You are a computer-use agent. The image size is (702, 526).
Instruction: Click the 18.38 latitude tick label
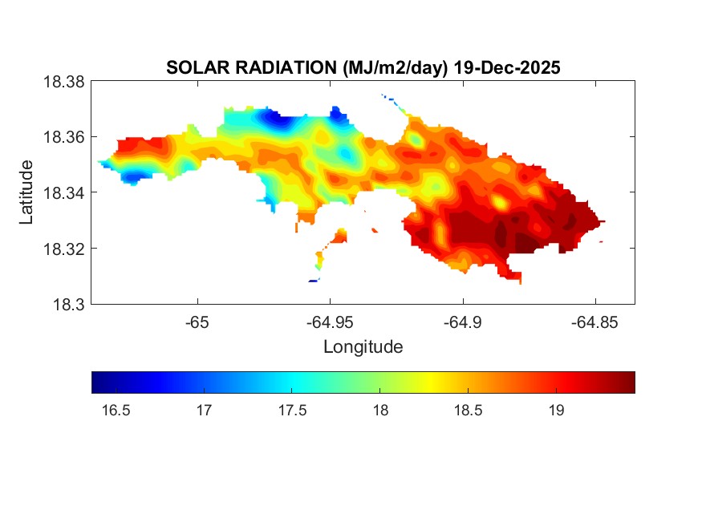point(63,82)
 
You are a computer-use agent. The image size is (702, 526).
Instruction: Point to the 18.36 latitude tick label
point(63,137)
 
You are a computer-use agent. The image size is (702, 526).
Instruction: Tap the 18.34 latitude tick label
point(63,192)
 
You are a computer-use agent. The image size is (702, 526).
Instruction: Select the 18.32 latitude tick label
point(63,249)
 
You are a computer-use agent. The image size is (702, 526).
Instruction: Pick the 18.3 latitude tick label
point(68,305)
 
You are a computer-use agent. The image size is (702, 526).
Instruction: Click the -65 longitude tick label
point(197,322)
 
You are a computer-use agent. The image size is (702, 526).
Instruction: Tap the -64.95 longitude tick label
point(330,322)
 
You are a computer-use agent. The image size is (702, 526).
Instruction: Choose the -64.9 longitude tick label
point(462,322)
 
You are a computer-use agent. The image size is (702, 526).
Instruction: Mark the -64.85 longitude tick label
point(594,322)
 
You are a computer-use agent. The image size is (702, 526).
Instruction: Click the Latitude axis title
point(26,192)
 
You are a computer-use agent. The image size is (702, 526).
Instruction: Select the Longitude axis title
point(363,346)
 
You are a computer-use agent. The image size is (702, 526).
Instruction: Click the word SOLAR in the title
point(198,67)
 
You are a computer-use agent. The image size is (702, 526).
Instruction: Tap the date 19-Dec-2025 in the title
point(507,67)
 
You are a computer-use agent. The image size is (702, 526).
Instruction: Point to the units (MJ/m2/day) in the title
point(396,68)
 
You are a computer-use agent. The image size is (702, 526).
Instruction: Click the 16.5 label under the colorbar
point(116,411)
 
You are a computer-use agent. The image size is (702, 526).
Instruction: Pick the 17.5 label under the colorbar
point(292,411)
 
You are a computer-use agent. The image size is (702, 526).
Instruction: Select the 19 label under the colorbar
point(557,411)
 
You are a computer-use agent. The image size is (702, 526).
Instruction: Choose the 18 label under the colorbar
point(380,411)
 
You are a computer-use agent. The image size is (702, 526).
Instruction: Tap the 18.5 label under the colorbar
point(469,411)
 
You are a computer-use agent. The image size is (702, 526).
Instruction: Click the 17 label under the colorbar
point(204,411)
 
